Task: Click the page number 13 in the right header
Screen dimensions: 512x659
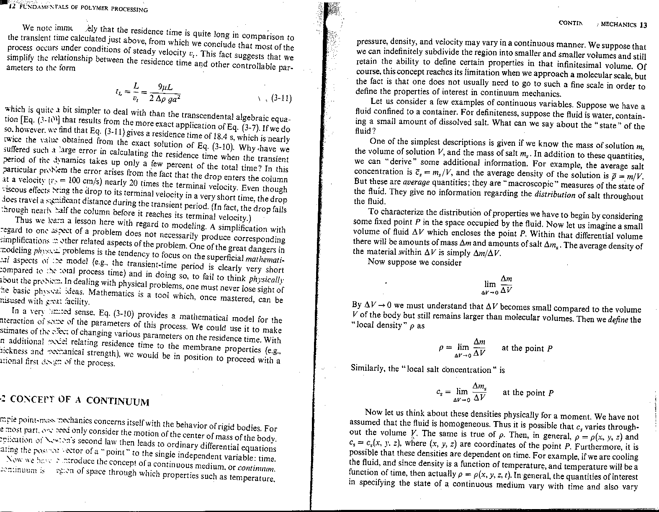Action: tap(644, 25)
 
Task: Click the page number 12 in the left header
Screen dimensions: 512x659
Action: tap(12, 6)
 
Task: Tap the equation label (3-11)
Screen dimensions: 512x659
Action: tap(281, 99)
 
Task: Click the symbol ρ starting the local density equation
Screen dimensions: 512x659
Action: tap(441, 348)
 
